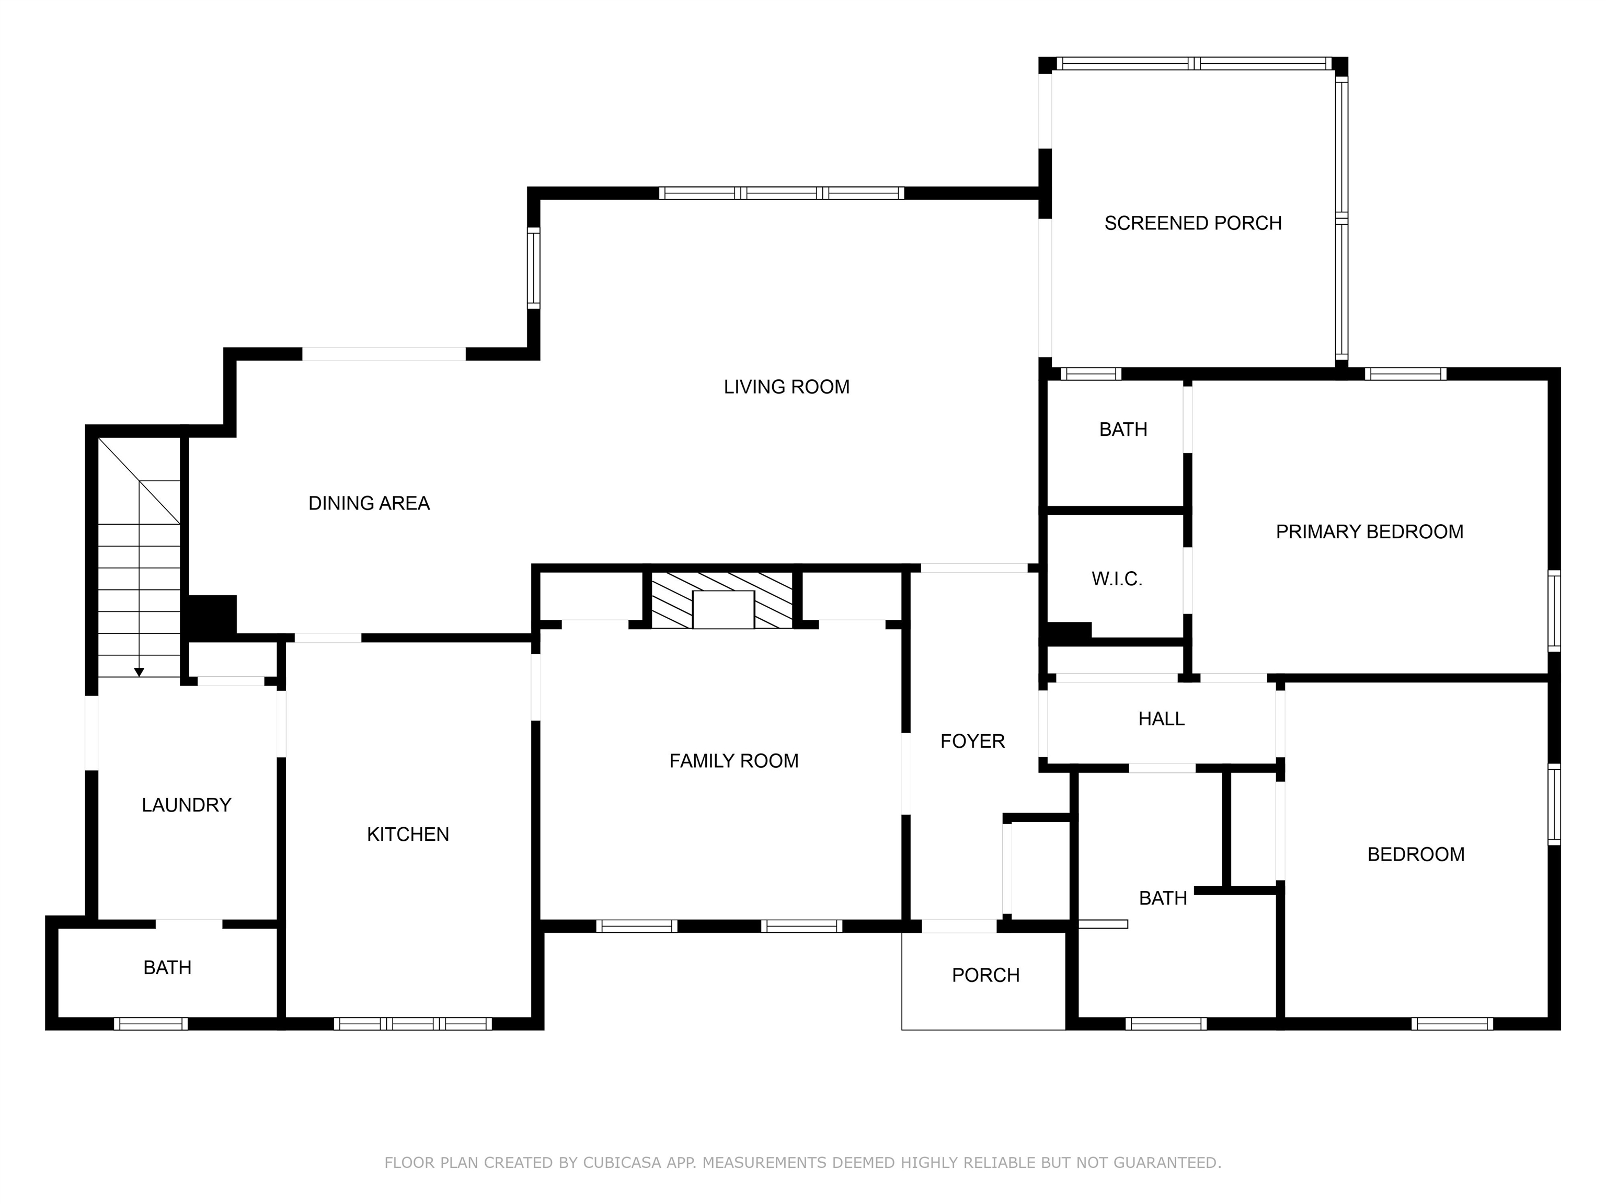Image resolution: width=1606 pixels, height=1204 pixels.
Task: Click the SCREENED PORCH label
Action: [1193, 223]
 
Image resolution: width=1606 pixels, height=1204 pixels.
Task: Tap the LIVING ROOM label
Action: [786, 387]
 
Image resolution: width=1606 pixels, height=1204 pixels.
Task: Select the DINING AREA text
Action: [369, 503]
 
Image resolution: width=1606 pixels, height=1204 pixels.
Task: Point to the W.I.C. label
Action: [1117, 579]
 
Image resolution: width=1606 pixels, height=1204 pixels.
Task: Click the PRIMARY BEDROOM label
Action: [1369, 532]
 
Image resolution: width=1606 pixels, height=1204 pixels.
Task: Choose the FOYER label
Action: [972, 741]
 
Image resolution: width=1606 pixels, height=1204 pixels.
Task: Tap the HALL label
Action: [1161, 719]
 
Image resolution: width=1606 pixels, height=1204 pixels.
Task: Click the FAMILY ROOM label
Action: [733, 760]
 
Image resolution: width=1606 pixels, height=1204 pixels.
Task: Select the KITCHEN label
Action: [407, 835]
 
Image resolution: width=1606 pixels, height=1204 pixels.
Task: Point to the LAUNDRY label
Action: [186, 805]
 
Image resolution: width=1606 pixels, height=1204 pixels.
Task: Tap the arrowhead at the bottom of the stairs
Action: [139, 673]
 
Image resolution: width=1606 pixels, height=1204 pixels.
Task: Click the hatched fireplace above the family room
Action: [721, 600]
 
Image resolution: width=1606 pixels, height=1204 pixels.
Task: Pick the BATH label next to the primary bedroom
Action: [1123, 430]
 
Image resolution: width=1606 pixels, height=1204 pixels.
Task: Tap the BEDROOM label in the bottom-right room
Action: [1416, 854]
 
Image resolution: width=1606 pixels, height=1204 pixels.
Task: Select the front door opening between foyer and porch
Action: [959, 926]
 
